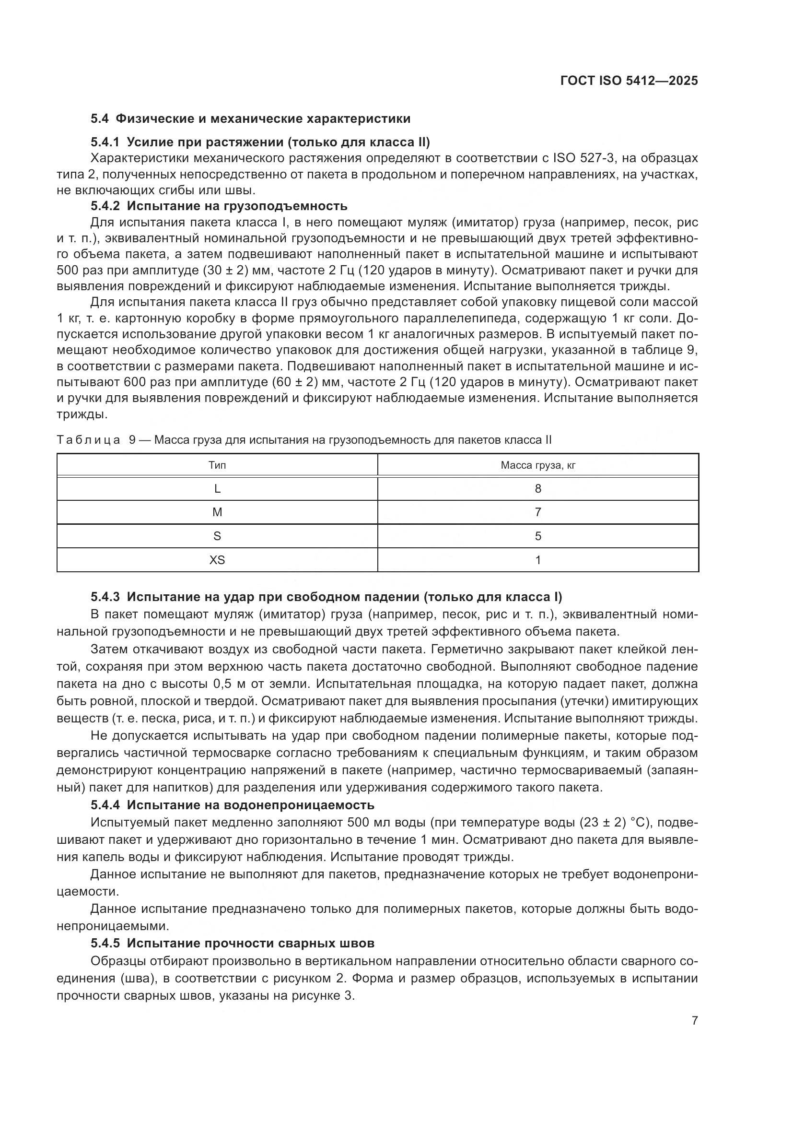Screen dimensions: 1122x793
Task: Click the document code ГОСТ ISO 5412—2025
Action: (x=629, y=81)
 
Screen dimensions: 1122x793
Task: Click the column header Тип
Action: (x=217, y=465)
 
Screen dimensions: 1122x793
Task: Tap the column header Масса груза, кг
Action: (x=538, y=465)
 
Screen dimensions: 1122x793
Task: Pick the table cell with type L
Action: (x=217, y=489)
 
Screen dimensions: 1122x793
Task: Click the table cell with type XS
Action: (x=217, y=560)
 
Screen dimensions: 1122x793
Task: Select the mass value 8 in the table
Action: (x=538, y=489)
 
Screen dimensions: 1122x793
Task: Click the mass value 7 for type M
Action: (x=538, y=512)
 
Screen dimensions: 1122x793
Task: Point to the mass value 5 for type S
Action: (x=538, y=536)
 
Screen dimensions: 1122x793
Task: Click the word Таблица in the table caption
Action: (x=88, y=440)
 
